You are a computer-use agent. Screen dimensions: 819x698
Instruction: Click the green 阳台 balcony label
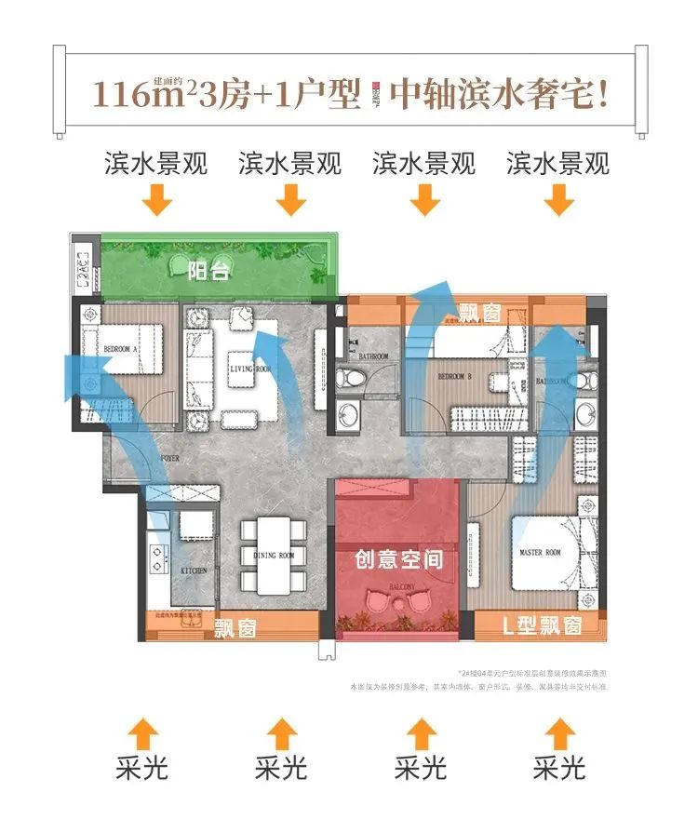click(x=208, y=271)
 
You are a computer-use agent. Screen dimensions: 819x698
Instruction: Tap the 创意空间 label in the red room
click(x=397, y=560)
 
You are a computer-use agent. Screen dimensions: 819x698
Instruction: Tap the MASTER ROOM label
click(x=540, y=553)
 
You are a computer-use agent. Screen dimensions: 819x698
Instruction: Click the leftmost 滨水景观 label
click(x=155, y=165)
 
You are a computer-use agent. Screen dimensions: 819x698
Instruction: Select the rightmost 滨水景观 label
click(x=558, y=165)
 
